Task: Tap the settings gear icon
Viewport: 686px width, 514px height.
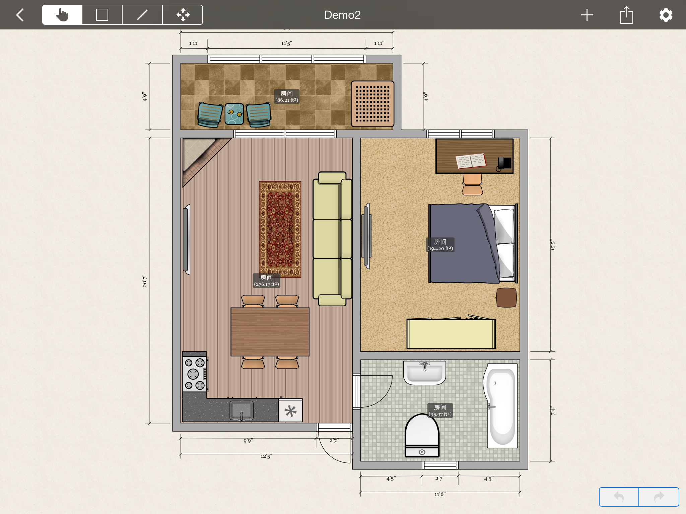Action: [x=666, y=15]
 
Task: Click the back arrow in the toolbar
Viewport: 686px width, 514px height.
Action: [x=20, y=15]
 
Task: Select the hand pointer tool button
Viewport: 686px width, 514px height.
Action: [x=62, y=15]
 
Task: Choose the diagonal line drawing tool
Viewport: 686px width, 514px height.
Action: [x=142, y=15]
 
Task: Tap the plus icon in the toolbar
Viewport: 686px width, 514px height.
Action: [x=587, y=15]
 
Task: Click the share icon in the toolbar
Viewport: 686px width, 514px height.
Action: [x=626, y=15]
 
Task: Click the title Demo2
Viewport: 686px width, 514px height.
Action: [x=342, y=15]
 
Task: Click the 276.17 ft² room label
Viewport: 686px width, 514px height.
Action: [x=266, y=280]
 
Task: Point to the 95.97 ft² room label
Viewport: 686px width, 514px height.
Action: [x=440, y=411]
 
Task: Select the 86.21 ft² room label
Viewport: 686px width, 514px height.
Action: [x=287, y=96]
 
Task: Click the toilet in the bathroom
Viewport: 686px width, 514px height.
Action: [x=422, y=435]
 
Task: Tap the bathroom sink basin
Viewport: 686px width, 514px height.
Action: [x=424, y=373]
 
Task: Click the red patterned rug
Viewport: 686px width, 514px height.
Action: [x=280, y=230]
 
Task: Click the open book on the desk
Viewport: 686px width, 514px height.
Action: [x=471, y=161]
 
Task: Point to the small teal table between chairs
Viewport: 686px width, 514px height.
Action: [x=234, y=114]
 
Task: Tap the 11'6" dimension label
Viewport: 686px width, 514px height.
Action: [x=440, y=494]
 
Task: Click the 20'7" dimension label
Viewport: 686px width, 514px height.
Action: [x=145, y=281]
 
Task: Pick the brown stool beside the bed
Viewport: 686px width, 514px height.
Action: [x=506, y=297]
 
